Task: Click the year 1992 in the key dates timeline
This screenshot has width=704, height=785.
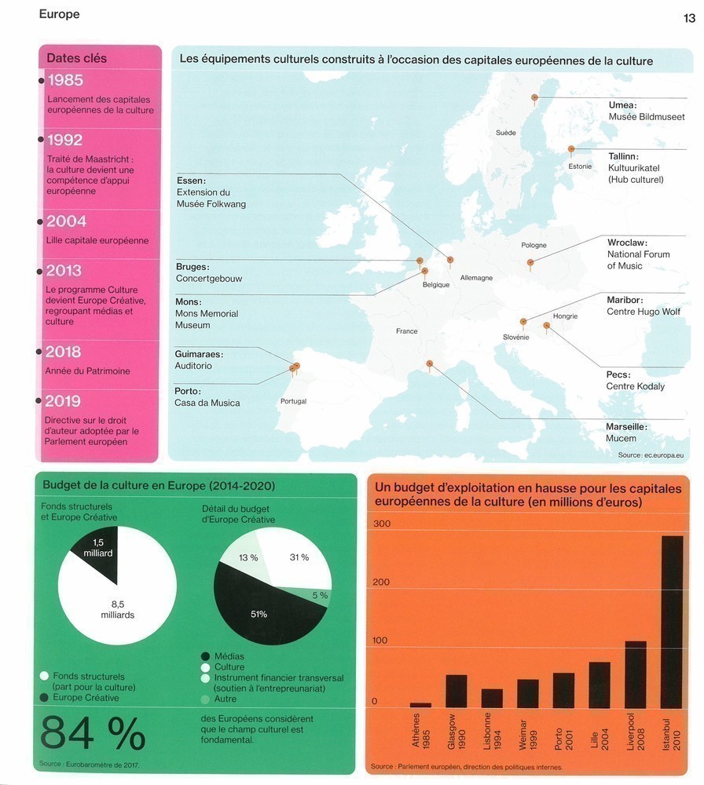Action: [64, 140]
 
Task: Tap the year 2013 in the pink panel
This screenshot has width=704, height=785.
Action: [64, 270]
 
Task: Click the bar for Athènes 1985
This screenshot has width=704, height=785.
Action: [420, 705]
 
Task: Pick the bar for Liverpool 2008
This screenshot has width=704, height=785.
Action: [636, 674]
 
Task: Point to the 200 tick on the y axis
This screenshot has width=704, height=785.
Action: [381, 582]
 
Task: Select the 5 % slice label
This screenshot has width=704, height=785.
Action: [320, 596]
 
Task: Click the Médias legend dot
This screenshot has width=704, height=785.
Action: [206, 656]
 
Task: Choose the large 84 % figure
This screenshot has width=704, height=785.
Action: [93, 734]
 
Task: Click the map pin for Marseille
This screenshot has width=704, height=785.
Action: [429, 363]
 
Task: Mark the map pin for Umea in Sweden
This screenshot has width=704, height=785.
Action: [534, 98]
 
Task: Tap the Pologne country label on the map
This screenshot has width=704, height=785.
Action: [533, 246]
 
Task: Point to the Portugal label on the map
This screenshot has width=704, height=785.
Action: [293, 401]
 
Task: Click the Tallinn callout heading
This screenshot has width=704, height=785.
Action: [623, 156]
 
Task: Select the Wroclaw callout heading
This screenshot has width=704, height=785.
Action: [627, 243]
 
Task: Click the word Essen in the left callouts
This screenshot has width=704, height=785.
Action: [191, 181]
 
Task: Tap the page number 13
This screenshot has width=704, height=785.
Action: [689, 18]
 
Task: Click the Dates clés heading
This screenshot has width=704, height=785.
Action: [76, 58]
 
